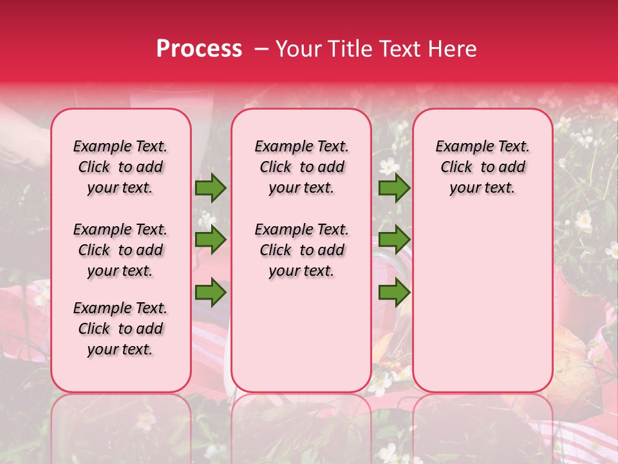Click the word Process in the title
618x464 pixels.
pos(198,49)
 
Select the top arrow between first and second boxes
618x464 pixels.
pos(211,188)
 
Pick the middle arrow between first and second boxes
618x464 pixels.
pos(211,240)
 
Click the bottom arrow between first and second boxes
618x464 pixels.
pos(211,293)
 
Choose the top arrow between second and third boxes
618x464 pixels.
pos(394,188)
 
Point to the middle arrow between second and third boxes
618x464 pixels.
pos(394,240)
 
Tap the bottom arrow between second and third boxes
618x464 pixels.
pos(394,293)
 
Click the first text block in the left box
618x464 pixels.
pos(120,167)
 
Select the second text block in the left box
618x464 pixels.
pos(120,250)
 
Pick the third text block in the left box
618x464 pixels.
pos(120,329)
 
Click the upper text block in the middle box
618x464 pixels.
pos(302,167)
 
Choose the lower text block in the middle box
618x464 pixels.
pos(302,250)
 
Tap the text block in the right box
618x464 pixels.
pos(483,167)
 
